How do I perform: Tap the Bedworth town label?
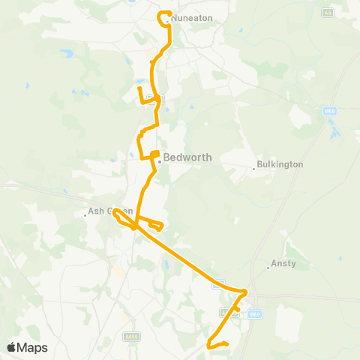187,157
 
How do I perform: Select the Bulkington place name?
280,163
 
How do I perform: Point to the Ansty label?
282,263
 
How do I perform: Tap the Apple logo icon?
11,347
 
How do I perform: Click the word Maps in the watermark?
33,347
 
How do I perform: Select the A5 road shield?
327,13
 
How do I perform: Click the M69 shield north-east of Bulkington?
329,111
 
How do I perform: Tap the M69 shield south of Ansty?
254,313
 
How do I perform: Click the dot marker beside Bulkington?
253,169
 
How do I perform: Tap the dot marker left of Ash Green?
85,217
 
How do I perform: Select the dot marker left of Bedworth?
159,158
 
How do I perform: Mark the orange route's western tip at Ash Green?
115,213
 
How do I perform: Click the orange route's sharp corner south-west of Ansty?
247,291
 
